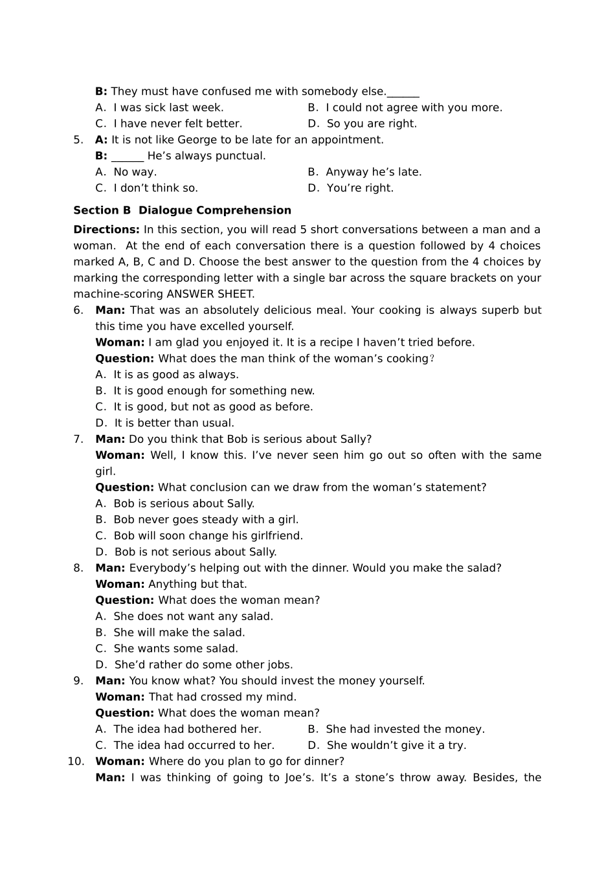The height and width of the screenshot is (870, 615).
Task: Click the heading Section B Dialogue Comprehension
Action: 182,210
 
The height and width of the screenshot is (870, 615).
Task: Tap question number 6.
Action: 78,310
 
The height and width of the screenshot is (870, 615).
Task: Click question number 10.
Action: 76,761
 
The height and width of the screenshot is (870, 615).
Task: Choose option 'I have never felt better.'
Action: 177,124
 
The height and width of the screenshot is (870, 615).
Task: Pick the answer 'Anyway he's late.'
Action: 374,172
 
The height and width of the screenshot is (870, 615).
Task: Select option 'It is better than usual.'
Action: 174,423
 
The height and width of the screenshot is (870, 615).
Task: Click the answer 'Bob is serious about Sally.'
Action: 184,504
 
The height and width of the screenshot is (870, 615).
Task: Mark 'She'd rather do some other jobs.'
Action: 203,665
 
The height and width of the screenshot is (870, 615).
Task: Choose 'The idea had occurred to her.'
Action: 194,745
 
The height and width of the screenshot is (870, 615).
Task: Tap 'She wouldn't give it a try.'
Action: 396,745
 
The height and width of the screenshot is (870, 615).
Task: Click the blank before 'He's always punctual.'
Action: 128,156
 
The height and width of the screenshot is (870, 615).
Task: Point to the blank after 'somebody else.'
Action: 403,92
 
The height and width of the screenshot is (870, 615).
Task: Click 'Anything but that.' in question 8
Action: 197,584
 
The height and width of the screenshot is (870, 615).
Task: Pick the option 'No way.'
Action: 135,172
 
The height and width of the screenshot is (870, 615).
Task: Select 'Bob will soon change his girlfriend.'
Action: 208,536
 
